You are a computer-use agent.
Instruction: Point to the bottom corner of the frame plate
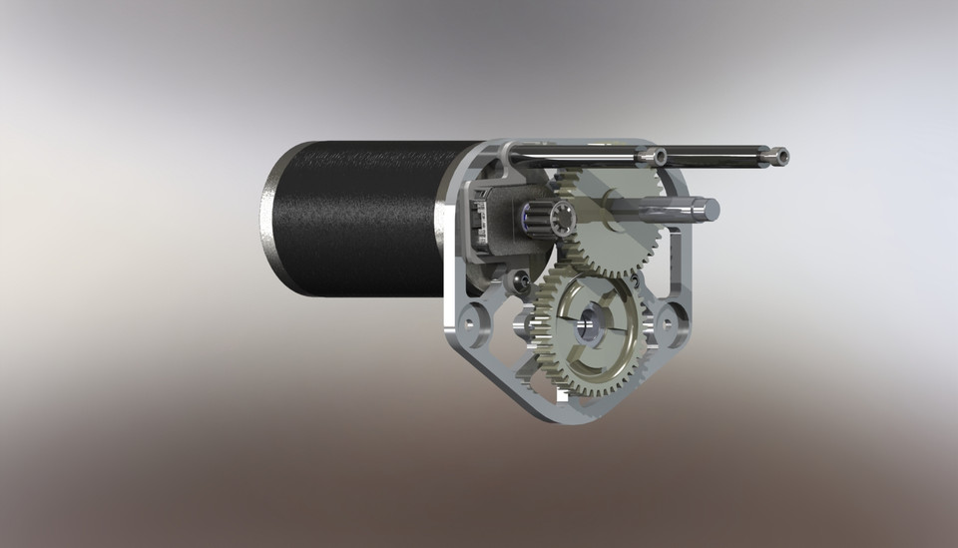[563, 410]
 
